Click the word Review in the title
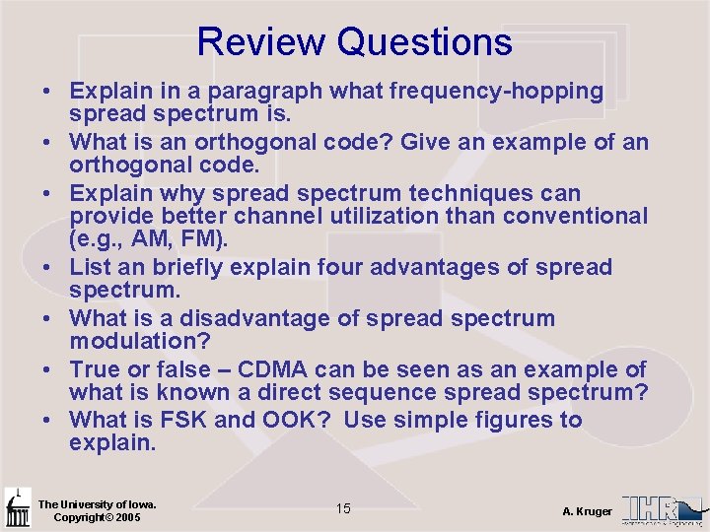tap(261, 42)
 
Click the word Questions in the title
tap(424, 42)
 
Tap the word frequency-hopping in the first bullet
tap(497, 92)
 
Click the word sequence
tap(406, 393)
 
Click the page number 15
tap(343, 508)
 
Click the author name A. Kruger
tap(587, 510)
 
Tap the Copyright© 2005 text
tap(97, 517)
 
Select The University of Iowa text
tap(97, 504)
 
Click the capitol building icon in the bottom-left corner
tap(17, 508)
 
